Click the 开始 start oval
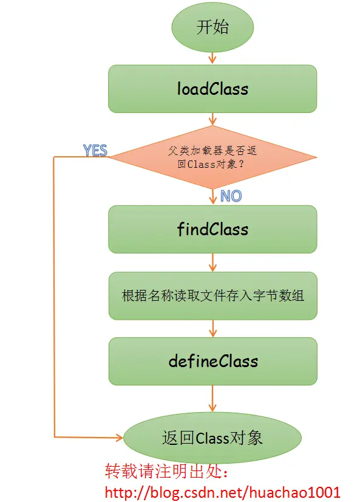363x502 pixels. point(212,28)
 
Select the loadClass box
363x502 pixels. point(212,89)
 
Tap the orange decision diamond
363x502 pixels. point(212,156)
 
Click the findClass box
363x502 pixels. point(212,229)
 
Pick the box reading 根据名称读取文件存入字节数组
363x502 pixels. point(212,296)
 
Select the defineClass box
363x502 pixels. point(212,361)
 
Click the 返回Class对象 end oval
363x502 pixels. point(212,438)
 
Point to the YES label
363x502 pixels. point(95,150)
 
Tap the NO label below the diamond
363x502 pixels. point(231,196)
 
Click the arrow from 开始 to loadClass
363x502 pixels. point(212,58)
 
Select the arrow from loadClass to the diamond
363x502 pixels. point(212,119)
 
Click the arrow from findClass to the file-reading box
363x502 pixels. point(212,263)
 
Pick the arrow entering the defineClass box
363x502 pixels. point(212,329)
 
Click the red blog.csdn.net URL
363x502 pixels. point(222,491)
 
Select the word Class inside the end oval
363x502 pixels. point(211,438)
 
